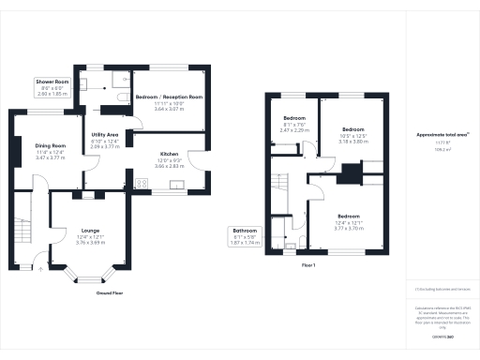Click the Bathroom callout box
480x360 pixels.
tap(246, 235)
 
